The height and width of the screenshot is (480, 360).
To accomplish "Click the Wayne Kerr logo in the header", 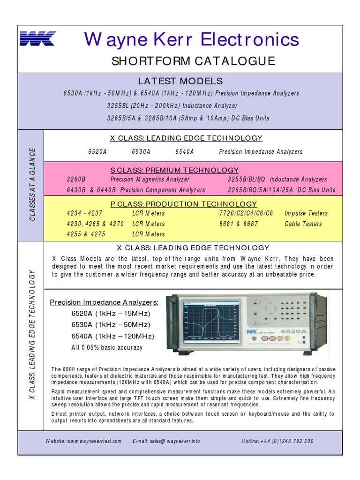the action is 37,38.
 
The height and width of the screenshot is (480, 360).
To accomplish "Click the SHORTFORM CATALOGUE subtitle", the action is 193,61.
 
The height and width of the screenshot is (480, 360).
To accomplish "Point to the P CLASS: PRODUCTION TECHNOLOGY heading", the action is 184,204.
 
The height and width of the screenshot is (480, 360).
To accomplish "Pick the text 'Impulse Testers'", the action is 306,213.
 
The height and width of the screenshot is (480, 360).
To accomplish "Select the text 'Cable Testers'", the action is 303,224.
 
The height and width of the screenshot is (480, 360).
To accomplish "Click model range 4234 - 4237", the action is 84,213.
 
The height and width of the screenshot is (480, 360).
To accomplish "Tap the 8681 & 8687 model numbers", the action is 239,224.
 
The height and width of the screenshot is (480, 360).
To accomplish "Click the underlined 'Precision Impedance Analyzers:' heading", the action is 104,302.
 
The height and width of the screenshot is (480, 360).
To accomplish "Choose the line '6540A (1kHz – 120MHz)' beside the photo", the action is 112,336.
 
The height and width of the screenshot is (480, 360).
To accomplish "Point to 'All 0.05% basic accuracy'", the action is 107,348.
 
